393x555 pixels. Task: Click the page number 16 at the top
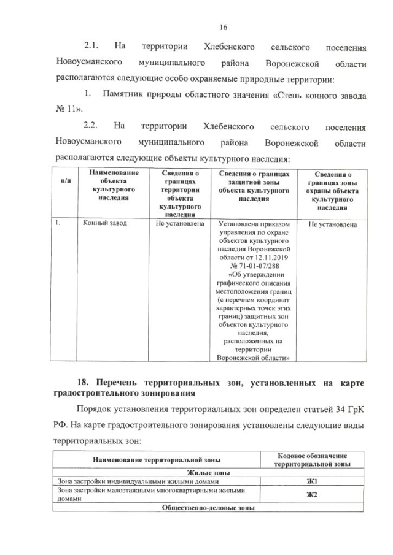click(222, 27)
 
